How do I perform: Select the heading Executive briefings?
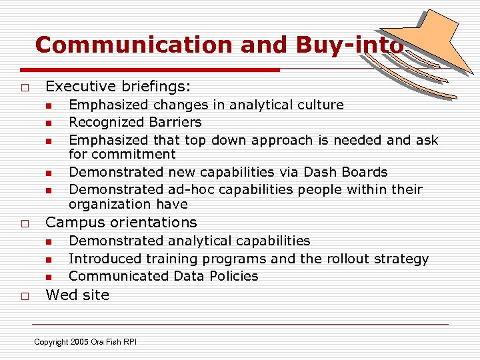point(118,86)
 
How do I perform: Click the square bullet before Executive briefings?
point(23,87)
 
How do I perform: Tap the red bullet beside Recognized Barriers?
point(49,123)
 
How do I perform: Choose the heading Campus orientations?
point(121,222)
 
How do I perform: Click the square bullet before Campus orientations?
point(23,223)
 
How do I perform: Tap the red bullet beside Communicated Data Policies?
point(49,277)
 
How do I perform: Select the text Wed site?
point(77,295)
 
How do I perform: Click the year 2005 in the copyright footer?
point(79,342)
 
